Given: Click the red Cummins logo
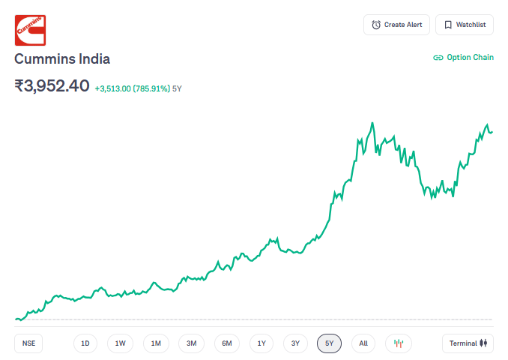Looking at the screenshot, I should [x=30, y=30].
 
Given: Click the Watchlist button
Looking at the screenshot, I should [x=465, y=25].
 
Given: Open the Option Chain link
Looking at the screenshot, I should [x=464, y=58].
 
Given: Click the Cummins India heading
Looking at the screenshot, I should [x=62, y=59].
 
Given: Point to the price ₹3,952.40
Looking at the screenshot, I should [x=52, y=86].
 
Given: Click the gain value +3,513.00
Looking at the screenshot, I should [x=113, y=88].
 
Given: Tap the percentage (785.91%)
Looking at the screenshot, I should [x=151, y=88].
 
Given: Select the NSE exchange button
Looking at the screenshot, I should [x=28, y=343].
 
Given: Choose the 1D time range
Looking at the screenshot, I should [x=85, y=343].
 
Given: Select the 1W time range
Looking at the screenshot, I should [x=121, y=343].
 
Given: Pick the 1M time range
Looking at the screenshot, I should [x=156, y=343].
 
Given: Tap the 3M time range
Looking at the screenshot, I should [x=191, y=343].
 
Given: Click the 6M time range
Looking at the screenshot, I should [x=227, y=343].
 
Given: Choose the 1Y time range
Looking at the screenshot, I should [x=261, y=343].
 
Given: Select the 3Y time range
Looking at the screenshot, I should [x=295, y=343].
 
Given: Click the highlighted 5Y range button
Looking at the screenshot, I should [x=329, y=343].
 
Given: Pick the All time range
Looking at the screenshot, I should [x=363, y=343].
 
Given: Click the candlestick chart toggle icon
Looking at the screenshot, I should [x=399, y=343].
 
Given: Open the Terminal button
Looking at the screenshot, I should [x=468, y=343].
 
